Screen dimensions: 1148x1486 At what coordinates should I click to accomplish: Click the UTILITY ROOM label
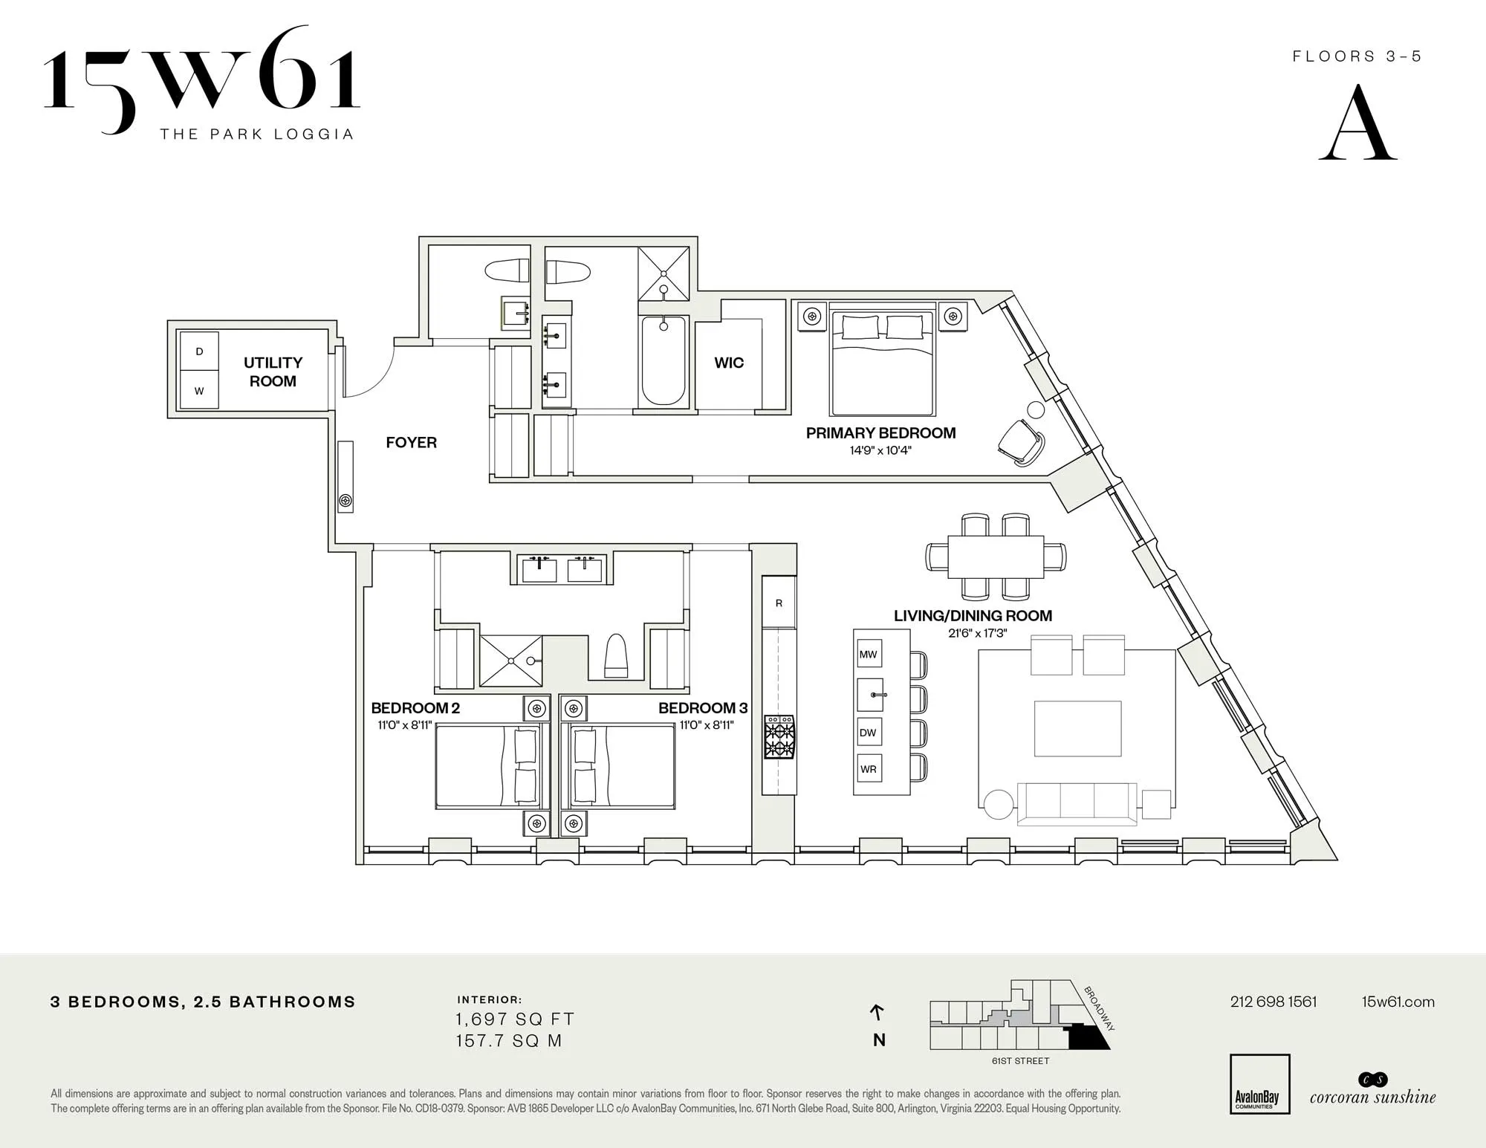[x=273, y=372]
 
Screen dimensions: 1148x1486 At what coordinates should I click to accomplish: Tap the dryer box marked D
[x=199, y=351]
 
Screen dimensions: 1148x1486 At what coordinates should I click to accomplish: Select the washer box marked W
[x=199, y=391]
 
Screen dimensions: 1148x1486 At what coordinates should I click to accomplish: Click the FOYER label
[x=411, y=443]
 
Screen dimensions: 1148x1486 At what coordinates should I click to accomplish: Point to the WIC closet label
[x=728, y=363]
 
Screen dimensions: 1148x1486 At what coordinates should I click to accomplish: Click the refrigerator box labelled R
[x=779, y=603]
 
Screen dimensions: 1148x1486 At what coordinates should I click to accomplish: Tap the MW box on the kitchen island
[x=869, y=655]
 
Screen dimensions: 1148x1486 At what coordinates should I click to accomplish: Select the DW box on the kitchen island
[x=869, y=732]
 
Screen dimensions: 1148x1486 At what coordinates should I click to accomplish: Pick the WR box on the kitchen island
[x=869, y=769]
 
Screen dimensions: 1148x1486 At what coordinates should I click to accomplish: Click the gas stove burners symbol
[x=779, y=736]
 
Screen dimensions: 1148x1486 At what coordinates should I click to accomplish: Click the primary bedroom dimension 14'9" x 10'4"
[x=880, y=450]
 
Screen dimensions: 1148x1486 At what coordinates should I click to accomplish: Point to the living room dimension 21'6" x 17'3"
[x=977, y=633]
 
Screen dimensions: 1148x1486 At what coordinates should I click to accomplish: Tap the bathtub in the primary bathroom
[x=663, y=360]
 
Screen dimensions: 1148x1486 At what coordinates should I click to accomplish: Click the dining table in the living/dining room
[x=996, y=557]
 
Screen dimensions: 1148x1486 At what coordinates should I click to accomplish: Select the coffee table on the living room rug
[x=1077, y=728]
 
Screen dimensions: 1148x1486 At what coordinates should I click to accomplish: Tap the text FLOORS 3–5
[x=1357, y=56]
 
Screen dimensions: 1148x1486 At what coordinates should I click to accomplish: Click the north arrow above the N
[x=877, y=1012]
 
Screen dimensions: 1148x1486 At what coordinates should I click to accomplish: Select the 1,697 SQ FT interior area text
[x=515, y=1019]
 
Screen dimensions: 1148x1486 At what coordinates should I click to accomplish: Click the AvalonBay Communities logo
[x=1259, y=1083]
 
